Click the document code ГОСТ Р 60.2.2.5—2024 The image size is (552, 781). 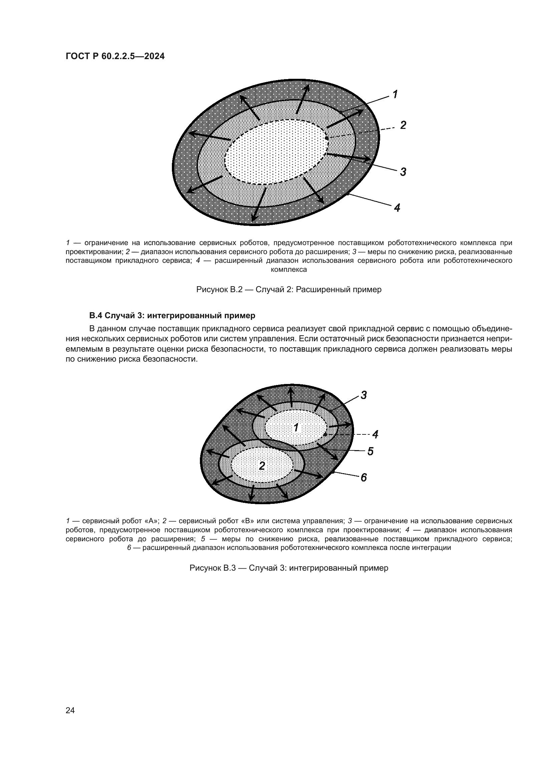click(115, 56)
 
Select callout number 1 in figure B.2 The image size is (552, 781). click(395, 94)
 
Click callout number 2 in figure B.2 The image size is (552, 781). click(403, 126)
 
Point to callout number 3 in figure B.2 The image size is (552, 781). click(403, 172)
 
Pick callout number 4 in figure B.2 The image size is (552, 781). click(397, 207)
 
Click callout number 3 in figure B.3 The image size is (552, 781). click(364, 395)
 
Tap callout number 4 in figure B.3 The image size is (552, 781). click(375, 434)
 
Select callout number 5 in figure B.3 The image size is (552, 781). click(370, 451)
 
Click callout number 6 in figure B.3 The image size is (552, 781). click(364, 478)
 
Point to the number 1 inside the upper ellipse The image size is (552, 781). click(296, 427)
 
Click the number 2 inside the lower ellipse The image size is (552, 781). click(262, 466)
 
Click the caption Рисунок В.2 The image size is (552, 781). click(289, 289)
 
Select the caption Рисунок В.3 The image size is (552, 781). click(289, 568)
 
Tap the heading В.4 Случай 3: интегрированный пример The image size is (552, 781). click(172, 315)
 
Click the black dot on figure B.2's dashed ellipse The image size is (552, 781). click(327, 138)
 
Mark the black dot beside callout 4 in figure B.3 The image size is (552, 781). click(325, 434)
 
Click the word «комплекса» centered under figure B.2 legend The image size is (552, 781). click(289, 270)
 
